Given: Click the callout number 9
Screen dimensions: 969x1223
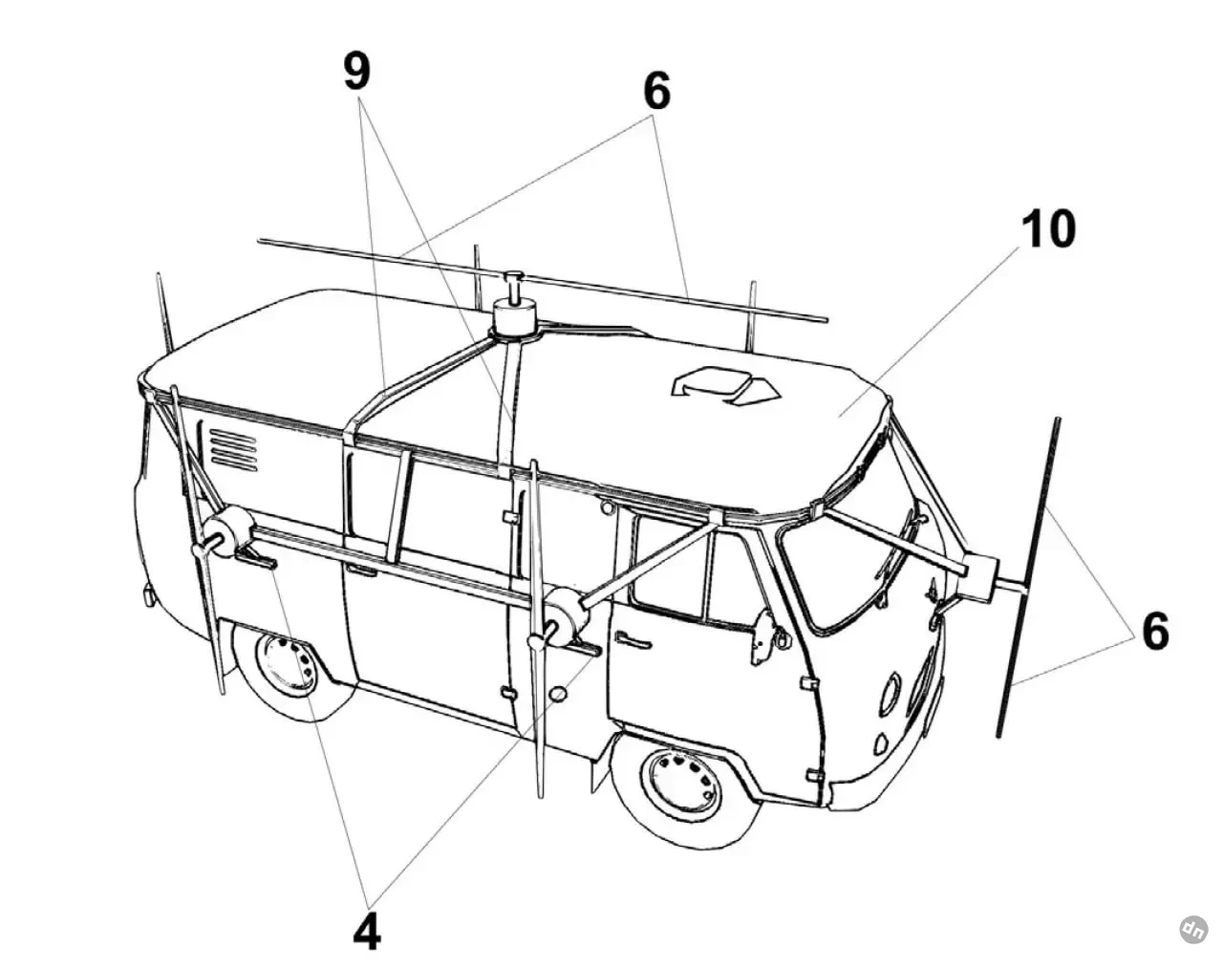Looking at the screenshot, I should [356, 72].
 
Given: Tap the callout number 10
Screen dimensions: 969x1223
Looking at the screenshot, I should [1048, 229].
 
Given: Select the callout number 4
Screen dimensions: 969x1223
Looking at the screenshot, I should [367, 932].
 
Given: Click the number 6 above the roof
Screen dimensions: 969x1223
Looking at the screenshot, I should [656, 92].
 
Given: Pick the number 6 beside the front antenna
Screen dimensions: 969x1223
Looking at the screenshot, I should [1155, 632].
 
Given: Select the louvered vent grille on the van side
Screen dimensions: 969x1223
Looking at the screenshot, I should [233, 448].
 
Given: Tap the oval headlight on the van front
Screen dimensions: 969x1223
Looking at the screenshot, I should [890, 694].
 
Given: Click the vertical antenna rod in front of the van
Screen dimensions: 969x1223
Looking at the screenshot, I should [1030, 573].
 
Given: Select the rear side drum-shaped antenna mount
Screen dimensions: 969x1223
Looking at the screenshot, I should [228, 533].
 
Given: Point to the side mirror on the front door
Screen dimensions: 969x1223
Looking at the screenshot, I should [764, 635].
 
